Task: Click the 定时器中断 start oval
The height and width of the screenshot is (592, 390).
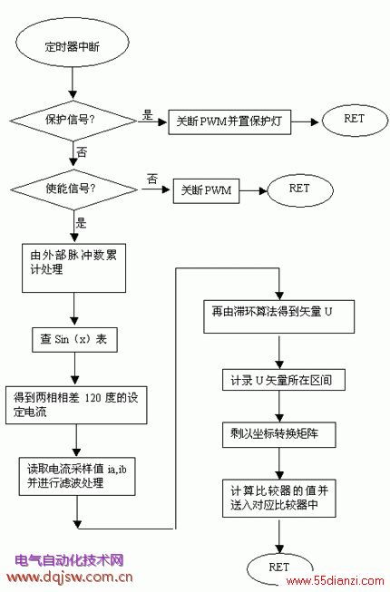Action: coord(73,45)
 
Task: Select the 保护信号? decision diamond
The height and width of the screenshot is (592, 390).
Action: coord(73,121)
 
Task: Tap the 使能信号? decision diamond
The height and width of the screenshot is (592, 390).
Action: coord(74,189)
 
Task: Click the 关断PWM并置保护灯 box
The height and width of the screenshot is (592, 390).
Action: coord(229,122)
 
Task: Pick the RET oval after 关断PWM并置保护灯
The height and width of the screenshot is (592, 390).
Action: coord(355,121)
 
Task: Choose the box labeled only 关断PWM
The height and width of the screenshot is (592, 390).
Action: coord(206,190)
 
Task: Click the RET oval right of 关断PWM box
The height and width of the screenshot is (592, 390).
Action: coord(300,189)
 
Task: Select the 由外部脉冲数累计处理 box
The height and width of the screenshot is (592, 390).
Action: coord(74,268)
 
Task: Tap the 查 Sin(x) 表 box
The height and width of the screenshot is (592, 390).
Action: coord(74,340)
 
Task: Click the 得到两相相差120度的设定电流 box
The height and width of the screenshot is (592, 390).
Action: coord(76,404)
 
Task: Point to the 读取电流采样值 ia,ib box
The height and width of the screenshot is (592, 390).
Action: coord(77,477)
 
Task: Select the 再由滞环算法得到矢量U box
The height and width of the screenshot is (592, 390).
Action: coord(279,316)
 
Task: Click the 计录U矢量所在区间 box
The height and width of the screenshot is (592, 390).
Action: coord(284,380)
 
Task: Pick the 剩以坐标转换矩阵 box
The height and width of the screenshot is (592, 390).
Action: coord(279,435)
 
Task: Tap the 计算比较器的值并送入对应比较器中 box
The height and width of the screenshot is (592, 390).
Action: coord(279,499)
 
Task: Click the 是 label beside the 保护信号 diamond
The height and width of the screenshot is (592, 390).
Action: coord(148,115)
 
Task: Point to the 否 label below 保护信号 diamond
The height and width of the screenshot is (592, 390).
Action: coord(82,152)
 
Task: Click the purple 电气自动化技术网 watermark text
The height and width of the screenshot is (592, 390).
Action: coord(70,560)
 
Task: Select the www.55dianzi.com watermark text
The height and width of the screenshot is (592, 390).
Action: coord(335,581)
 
